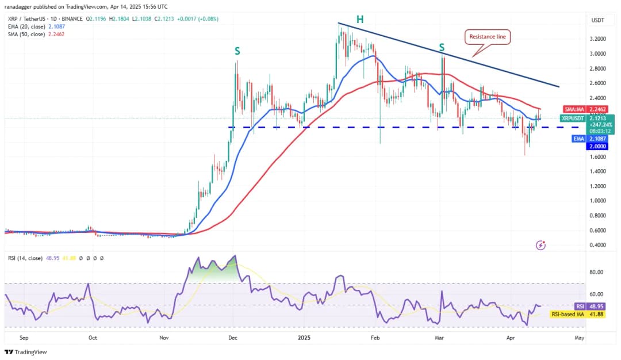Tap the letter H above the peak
[x=359, y=20]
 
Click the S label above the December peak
[x=237, y=51]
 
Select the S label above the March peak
[x=442, y=47]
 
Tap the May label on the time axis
[x=579, y=338]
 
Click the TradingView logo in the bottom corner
[x=26, y=352]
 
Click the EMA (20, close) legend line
[x=37, y=26]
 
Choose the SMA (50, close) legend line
[x=37, y=34]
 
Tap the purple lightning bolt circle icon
[x=540, y=246]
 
